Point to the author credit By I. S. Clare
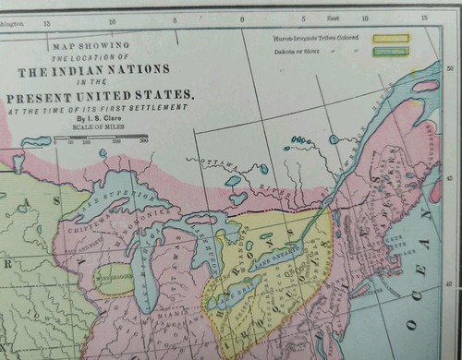[x=104, y=119]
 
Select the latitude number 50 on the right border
[x=451, y=67]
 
